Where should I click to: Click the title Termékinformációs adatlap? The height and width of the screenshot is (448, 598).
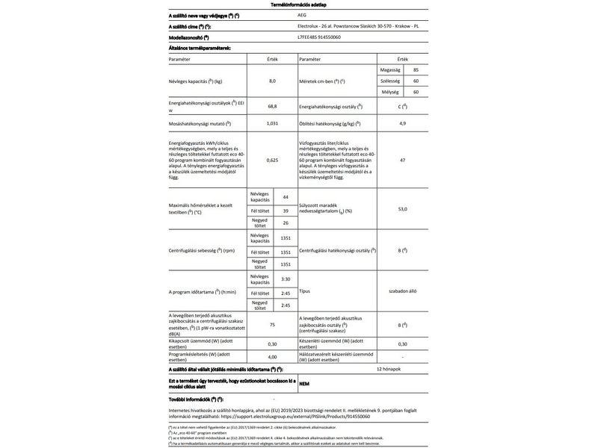[x=299, y=4]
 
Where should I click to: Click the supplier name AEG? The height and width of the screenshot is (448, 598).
[x=303, y=15]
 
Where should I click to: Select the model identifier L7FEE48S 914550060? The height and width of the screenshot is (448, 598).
[x=320, y=37]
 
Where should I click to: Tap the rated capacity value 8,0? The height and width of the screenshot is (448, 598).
[x=272, y=80]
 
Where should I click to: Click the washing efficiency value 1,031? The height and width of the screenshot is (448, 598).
[x=272, y=122]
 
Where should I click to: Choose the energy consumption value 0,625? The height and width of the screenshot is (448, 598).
[x=272, y=161]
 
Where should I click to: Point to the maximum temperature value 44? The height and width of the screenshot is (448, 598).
[x=286, y=196]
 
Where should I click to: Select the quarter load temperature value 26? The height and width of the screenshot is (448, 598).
[x=286, y=223]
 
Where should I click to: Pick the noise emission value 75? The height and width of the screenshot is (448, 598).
[x=272, y=325]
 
